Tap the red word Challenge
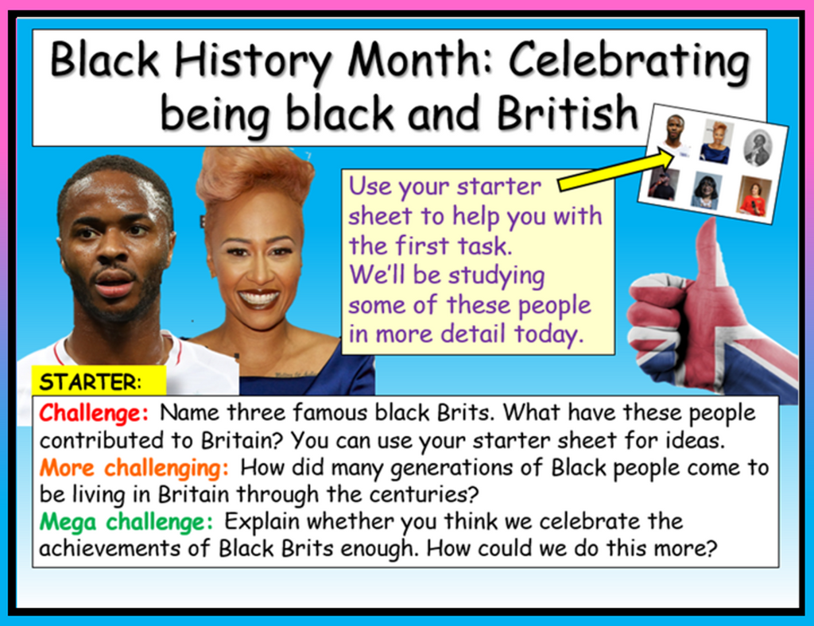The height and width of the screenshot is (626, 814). coord(94,413)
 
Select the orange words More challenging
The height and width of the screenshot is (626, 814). coord(134,469)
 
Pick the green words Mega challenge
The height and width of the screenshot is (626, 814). coord(126,522)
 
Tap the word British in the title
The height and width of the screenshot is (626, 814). coord(567,113)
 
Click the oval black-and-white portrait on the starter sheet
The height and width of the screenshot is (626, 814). coord(758,148)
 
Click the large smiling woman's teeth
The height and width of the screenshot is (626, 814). coord(258,298)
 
